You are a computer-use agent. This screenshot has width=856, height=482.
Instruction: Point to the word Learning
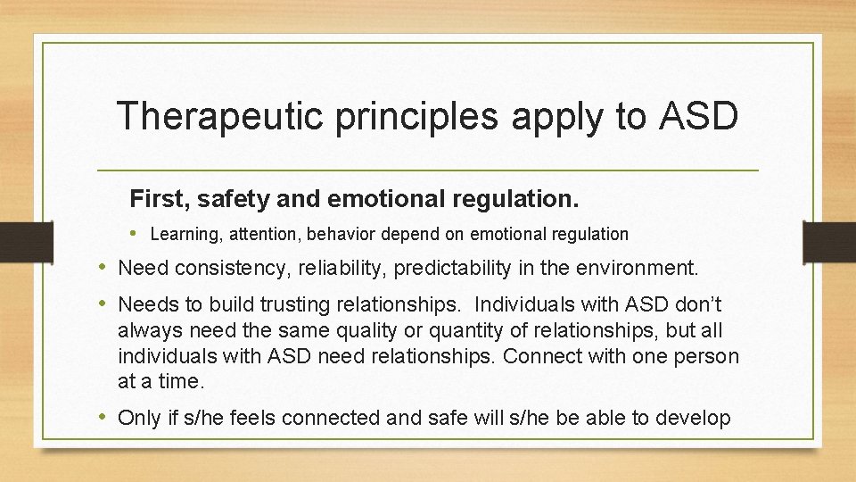[x=182, y=235]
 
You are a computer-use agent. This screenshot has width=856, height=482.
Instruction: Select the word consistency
[x=216, y=268]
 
